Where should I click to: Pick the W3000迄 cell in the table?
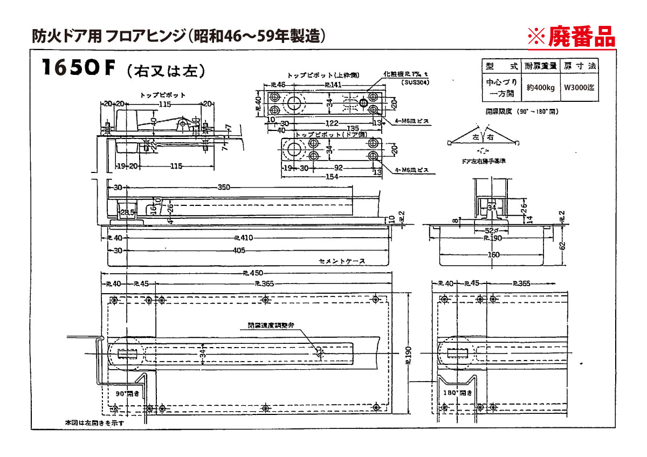point(580,88)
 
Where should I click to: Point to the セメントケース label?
point(342,261)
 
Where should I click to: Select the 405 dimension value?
point(239,251)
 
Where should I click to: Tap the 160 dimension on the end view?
point(494,255)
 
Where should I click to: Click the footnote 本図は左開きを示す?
point(94,423)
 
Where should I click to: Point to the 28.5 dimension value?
point(127,212)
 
